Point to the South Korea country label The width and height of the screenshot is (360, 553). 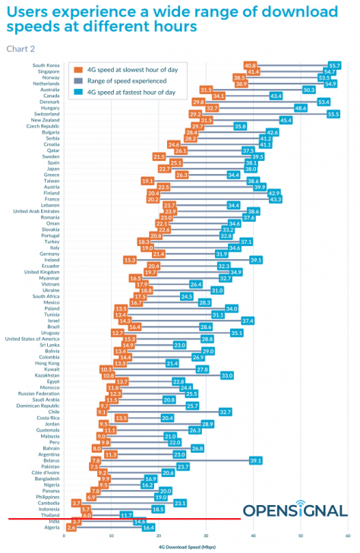46,65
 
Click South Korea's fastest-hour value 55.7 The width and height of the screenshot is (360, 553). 334,65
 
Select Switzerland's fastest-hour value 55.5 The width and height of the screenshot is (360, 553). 333,114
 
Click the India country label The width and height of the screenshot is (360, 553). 54,521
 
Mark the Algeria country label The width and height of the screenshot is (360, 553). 51,527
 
